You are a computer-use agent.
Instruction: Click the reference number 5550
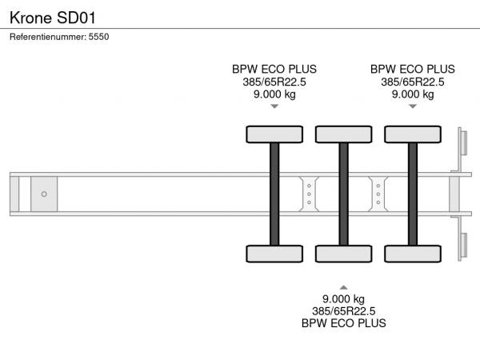point(98,37)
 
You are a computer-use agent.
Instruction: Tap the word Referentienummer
point(47,37)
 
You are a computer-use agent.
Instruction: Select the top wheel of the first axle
point(274,134)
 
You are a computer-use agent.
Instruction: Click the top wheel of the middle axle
point(343,134)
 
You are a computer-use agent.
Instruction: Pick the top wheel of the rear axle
point(413,134)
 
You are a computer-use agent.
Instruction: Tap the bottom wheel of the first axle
point(274,254)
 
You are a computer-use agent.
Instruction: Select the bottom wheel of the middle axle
point(343,254)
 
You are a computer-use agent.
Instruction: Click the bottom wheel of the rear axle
point(413,254)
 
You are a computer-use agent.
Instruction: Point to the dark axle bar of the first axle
point(274,194)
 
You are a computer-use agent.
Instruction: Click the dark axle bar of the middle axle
point(343,194)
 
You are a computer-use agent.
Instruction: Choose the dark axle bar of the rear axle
point(413,194)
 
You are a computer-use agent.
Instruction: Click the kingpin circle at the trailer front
point(44,194)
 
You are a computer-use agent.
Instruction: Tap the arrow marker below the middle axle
point(343,286)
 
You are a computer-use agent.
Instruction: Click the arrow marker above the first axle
point(274,106)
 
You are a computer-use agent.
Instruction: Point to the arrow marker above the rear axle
point(413,106)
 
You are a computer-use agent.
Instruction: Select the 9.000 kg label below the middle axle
point(343,298)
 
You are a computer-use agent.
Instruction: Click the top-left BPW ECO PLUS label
point(274,69)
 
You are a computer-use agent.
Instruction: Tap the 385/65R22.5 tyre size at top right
point(413,82)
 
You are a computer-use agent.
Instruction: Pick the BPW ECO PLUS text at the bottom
point(343,323)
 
